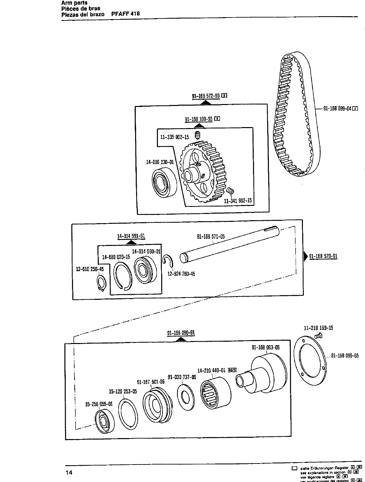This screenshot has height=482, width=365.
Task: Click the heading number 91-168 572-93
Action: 206,96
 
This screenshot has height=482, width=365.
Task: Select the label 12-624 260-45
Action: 181,274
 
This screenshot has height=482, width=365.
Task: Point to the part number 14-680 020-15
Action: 116,257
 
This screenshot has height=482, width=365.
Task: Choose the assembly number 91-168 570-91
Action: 323,256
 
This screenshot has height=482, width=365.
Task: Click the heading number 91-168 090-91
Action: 181,333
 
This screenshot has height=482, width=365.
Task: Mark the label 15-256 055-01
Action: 99,404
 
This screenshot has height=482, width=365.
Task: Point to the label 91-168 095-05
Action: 345,356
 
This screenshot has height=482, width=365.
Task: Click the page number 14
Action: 69,473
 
